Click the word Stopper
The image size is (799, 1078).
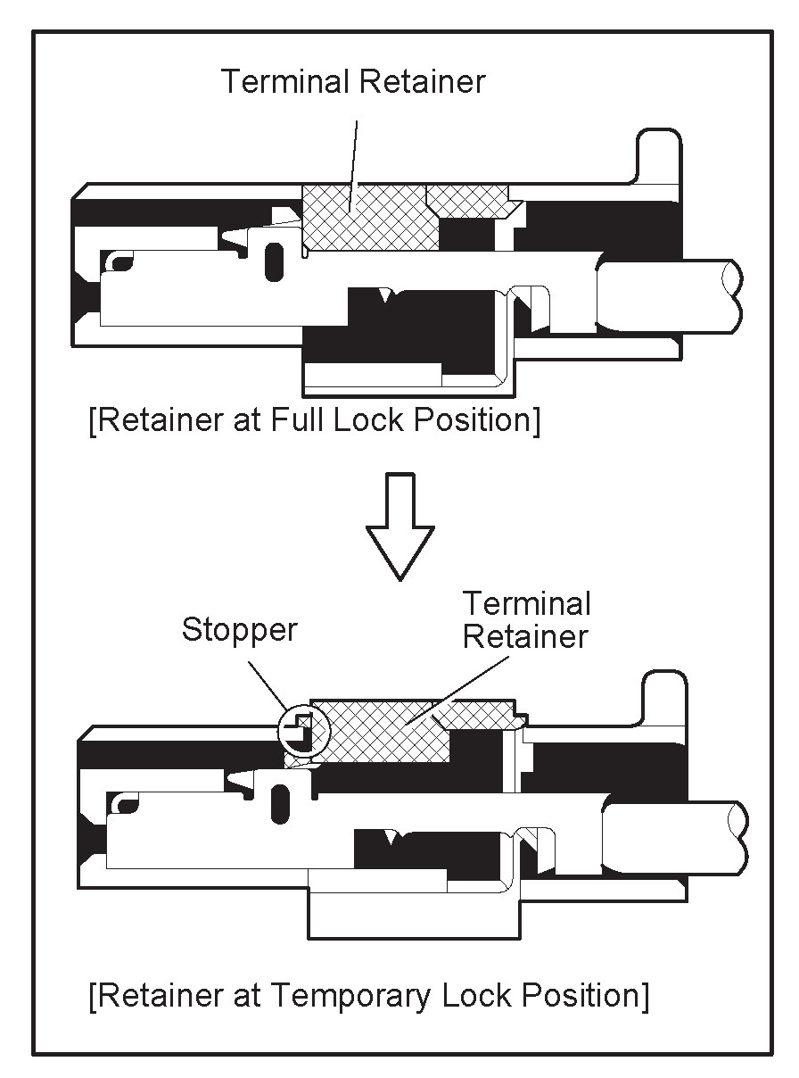point(239,630)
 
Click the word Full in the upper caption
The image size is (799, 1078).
point(299,419)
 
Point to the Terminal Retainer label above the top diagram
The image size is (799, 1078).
point(353,82)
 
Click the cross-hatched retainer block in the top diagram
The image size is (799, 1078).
point(370,218)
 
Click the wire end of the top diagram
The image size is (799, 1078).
point(669,294)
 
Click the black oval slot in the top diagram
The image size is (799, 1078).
point(276,260)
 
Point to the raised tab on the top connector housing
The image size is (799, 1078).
point(658,157)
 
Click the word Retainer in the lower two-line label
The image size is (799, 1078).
point(526,637)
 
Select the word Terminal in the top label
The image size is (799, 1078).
point(286,82)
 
